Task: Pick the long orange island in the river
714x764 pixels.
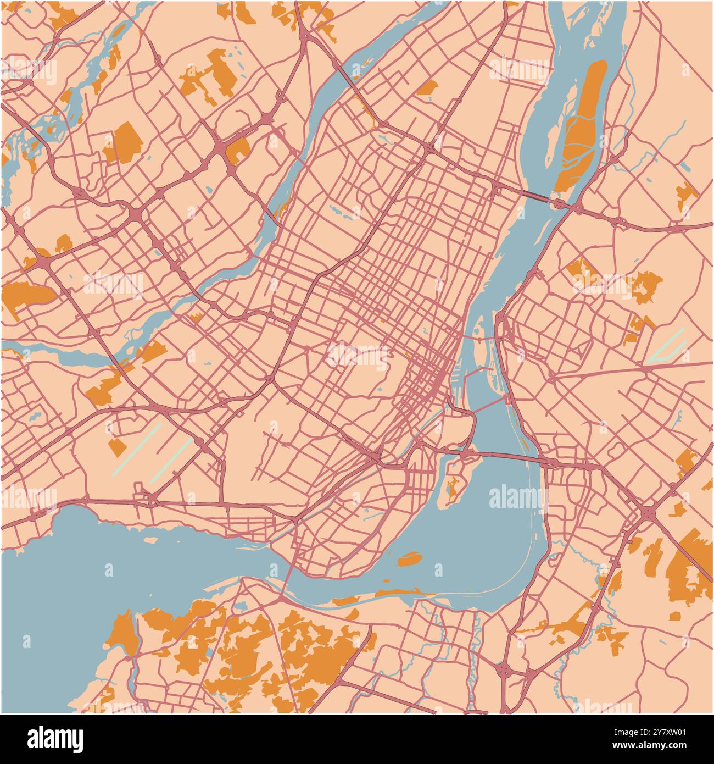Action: click(582, 127)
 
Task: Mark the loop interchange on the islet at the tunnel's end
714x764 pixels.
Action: click(560, 204)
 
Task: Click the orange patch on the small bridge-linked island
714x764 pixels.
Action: click(453, 487)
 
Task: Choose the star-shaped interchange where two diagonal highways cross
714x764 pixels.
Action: click(648, 513)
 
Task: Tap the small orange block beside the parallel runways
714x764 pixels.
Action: click(117, 447)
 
